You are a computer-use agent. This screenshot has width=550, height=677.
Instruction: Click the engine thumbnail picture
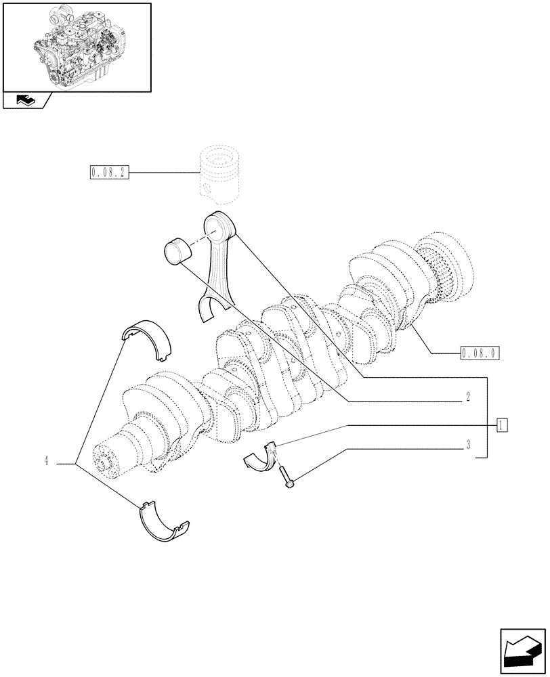point(76,46)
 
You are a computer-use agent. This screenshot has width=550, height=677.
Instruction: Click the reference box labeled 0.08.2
point(108,172)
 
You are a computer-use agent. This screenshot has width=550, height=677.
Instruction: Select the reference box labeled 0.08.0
point(479,353)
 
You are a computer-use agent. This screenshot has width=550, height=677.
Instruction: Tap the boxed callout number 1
point(501,425)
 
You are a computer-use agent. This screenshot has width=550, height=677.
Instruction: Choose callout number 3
point(467,445)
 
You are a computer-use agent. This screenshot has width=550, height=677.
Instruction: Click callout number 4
point(46,462)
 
